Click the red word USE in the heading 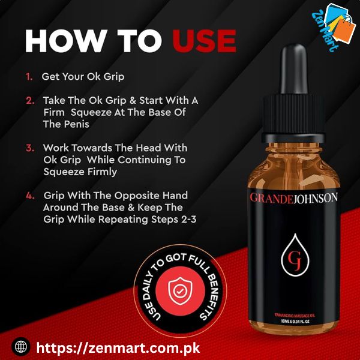pos(204,41)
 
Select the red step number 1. pos(29,77)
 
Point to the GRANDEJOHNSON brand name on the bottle pos(293,198)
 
